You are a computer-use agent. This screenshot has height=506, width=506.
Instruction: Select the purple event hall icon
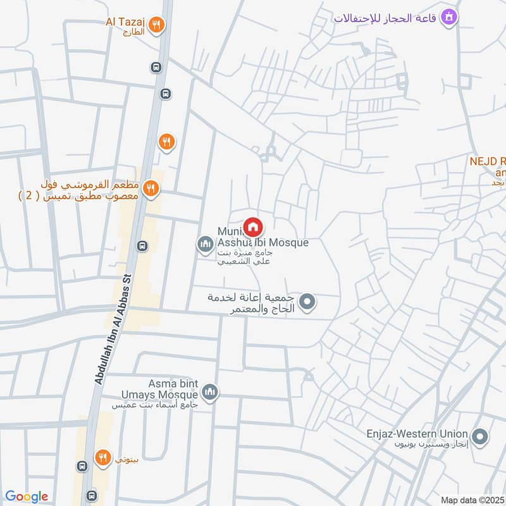coord(449,16)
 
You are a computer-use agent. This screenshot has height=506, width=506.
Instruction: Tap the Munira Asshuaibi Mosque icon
coord(205,244)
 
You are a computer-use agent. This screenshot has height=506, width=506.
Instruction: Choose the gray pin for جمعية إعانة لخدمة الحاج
coord(307,302)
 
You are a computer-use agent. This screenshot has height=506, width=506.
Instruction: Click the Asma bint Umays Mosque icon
coord(211,392)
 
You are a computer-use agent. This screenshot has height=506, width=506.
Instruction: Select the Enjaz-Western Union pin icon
coord(480,436)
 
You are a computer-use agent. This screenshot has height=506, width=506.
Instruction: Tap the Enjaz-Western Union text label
coord(417,434)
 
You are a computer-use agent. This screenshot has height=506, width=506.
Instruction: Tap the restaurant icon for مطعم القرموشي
coord(151,188)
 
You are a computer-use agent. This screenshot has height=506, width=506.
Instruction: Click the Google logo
coord(27,497)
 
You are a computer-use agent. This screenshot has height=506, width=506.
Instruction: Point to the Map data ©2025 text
coord(472,500)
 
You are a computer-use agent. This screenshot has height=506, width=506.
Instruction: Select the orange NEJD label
coord(487,161)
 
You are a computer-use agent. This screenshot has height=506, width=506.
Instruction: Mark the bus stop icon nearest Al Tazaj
coord(156,66)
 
